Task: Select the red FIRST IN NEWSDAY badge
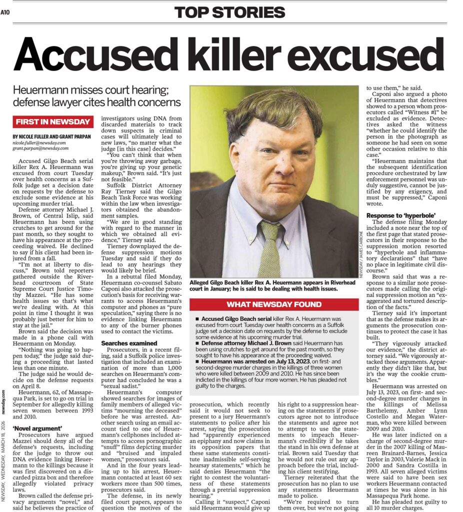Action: pos(53,121)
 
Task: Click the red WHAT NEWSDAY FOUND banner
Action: pos(274,304)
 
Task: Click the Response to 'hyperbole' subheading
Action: pos(399,216)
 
